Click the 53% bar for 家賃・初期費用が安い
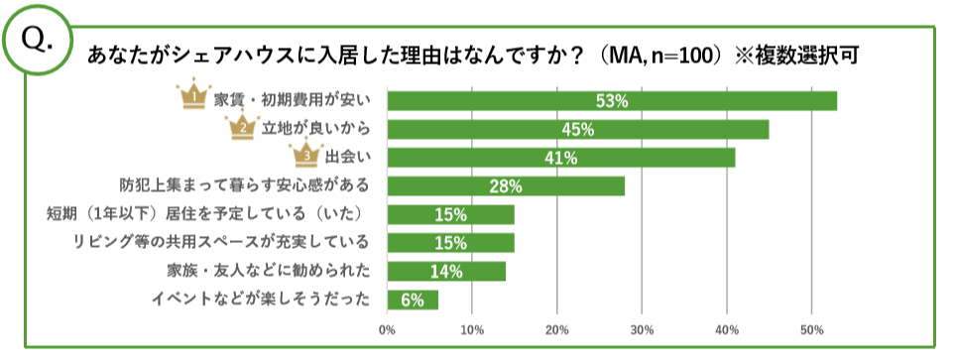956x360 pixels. pyautogui.click(x=612, y=101)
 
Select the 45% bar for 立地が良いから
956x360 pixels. pyautogui.click(x=578, y=130)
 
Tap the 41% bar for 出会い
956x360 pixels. pyautogui.click(x=561, y=158)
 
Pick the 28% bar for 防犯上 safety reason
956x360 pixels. pyautogui.click(x=506, y=186)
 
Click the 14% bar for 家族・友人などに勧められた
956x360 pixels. pyautogui.click(x=446, y=271)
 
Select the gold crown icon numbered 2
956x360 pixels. pyautogui.click(x=241, y=127)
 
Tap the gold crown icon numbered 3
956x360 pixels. pyautogui.click(x=306, y=155)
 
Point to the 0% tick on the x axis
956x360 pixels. pyautogui.click(x=387, y=329)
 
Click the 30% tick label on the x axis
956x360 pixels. pyautogui.click(x=642, y=329)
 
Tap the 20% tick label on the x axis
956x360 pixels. pyautogui.click(x=557, y=329)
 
